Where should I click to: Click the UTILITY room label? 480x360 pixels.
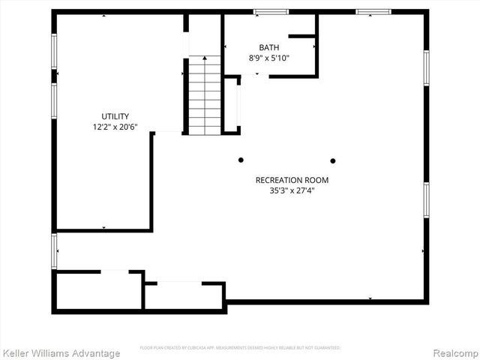coord(115,116)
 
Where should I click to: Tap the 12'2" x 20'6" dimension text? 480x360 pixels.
coord(115,127)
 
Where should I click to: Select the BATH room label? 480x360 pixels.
coord(269,47)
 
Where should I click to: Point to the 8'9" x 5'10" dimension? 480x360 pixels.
coord(269,58)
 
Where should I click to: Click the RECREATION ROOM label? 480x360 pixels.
coord(292,180)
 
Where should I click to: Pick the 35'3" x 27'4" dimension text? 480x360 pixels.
coord(292,190)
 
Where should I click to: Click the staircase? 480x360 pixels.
coord(204,97)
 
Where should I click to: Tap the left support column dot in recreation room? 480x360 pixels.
coord(241,160)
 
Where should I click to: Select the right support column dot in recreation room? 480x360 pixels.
coord(333,160)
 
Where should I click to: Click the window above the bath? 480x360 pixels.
coord(271,12)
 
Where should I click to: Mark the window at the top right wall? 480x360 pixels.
coord(373,12)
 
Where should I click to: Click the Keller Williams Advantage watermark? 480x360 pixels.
coord(61,353)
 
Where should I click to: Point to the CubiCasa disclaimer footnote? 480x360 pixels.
coord(240,348)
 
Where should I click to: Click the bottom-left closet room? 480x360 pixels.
coord(97,291)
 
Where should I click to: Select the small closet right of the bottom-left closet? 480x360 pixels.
coord(184,295)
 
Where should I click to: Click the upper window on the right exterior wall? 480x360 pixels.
coord(426,67)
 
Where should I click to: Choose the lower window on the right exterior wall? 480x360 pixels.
coord(426,199)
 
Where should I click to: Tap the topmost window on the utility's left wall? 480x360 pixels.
coord(54,51)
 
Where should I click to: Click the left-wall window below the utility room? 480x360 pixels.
coord(54,251)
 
